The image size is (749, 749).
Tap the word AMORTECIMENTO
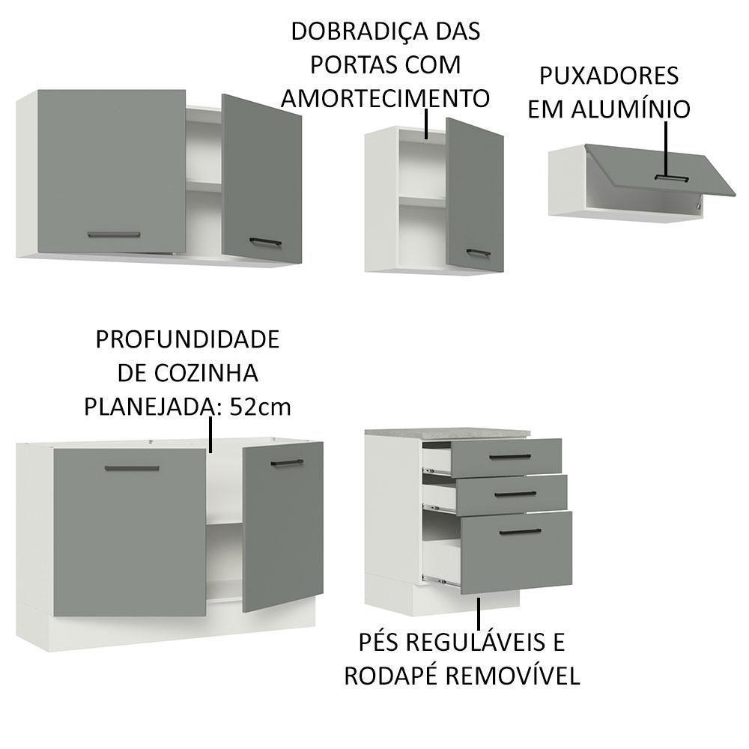tap(385, 98)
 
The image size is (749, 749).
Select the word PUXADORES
tap(608, 76)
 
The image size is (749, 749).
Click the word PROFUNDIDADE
tap(187, 339)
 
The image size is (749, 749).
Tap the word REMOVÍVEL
tap(513, 676)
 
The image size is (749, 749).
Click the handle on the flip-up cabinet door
tap(670, 178)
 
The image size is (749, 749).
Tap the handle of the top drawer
tap(509, 456)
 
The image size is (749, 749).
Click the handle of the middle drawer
tap(515, 494)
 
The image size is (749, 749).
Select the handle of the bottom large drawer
tap(519, 532)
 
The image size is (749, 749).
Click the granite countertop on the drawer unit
tap(447, 433)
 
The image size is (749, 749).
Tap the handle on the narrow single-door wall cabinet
tap(478, 252)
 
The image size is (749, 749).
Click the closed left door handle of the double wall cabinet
tap(114, 234)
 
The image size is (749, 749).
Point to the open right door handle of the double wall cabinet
tap(266, 241)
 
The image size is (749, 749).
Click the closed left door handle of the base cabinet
tap(132, 468)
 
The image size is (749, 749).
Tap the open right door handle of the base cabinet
tap(285, 463)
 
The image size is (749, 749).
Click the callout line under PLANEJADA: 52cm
tap(211, 435)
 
